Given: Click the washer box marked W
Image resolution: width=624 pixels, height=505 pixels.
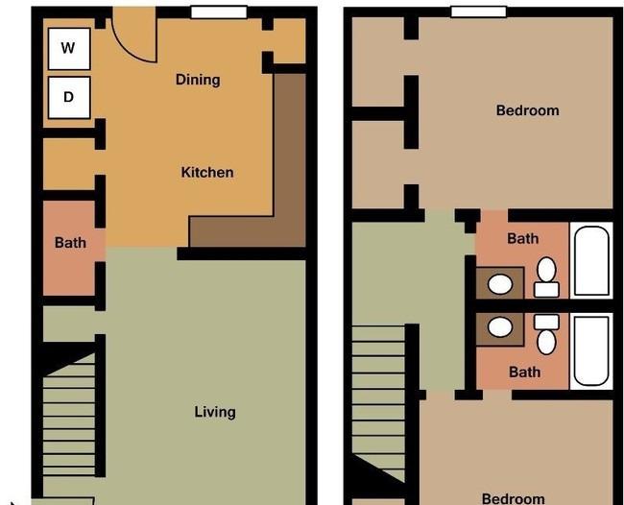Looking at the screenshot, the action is [x=69, y=49].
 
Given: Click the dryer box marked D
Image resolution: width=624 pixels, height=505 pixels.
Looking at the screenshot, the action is [x=69, y=98].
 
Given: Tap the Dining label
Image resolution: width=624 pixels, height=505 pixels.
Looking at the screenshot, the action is [x=198, y=80].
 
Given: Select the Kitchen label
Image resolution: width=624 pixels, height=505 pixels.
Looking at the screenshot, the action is [x=207, y=172].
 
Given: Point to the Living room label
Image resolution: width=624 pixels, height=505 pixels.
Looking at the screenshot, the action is [x=215, y=412].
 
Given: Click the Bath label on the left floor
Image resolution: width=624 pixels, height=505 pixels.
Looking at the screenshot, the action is [x=70, y=242].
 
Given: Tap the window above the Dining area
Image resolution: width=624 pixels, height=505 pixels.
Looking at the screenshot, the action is [x=219, y=12].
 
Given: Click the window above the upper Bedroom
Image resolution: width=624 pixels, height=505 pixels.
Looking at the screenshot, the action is [x=479, y=12].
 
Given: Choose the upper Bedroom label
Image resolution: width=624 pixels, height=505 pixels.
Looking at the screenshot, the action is [x=528, y=110].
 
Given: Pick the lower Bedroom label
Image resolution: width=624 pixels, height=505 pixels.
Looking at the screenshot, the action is [x=514, y=498].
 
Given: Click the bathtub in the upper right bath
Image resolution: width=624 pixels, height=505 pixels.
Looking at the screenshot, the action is [x=591, y=260].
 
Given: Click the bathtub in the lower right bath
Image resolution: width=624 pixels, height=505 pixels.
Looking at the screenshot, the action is [x=591, y=351].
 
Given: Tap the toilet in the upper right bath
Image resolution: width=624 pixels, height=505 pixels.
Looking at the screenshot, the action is [x=546, y=277].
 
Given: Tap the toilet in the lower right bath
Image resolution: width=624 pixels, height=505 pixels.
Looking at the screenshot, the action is [x=546, y=334].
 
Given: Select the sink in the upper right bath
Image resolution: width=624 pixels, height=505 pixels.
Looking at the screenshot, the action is [x=500, y=284].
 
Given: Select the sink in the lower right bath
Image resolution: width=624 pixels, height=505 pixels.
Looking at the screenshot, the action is [x=500, y=327].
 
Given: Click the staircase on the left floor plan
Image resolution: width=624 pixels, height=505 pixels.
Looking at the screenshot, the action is [x=69, y=414].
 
